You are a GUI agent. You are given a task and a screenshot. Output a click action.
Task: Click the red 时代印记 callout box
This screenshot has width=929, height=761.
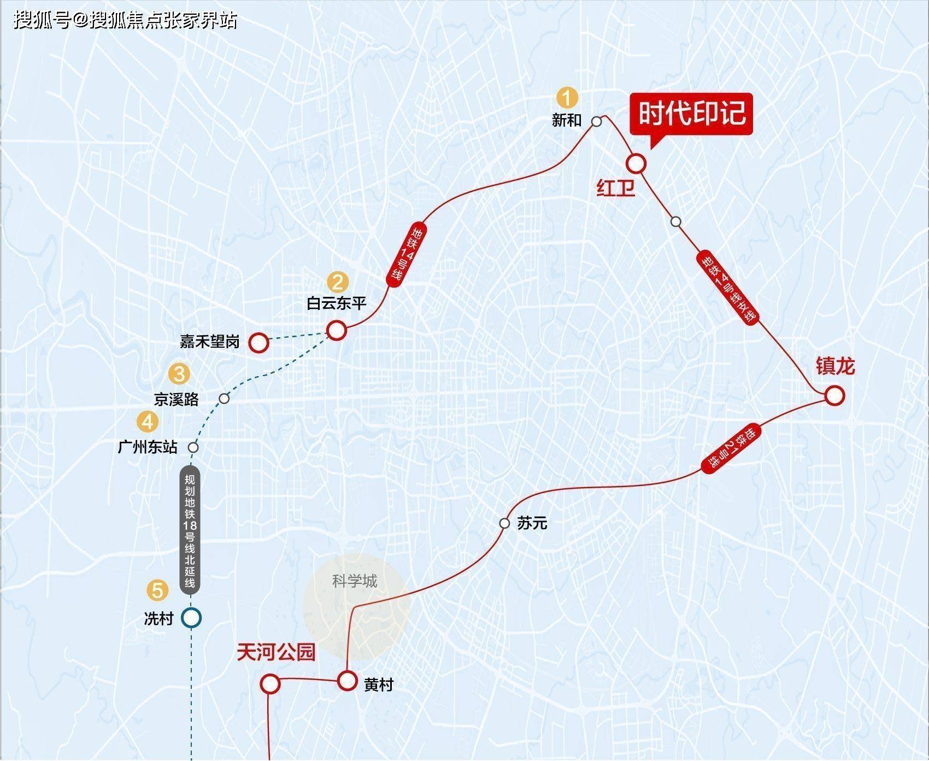pyautogui.click(x=692, y=114)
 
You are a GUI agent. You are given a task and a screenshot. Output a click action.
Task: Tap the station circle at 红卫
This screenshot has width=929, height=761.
pyautogui.click(x=636, y=163)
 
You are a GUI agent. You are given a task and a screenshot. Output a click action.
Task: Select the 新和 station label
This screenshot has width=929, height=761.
pyautogui.click(x=567, y=120)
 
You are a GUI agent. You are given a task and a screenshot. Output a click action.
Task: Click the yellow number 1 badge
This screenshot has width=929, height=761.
pyautogui.click(x=567, y=98)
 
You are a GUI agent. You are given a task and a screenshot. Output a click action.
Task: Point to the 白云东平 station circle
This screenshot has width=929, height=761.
pyautogui.click(x=337, y=330)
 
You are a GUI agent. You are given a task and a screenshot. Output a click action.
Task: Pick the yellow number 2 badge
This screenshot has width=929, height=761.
pyautogui.click(x=337, y=282)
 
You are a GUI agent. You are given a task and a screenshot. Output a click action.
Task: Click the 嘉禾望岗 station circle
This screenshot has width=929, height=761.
pyautogui.click(x=258, y=343)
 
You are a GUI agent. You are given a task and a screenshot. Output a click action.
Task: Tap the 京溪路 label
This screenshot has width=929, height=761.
pyautogui.click(x=177, y=399)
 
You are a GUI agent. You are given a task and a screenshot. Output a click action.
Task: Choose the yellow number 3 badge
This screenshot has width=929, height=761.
pyautogui.click(x=179, y=374)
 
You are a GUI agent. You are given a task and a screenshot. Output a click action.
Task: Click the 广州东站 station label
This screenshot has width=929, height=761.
pyautogui.click(x=148, y=447)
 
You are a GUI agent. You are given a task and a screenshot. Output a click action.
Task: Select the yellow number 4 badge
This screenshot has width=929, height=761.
pyautogui.click(x=148, y=422)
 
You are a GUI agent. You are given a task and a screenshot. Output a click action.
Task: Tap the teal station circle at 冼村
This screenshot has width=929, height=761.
pyautogui.click(x=191, y=618)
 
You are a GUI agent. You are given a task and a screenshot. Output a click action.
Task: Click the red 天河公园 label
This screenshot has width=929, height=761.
pyautogui.click(x=276, y=652)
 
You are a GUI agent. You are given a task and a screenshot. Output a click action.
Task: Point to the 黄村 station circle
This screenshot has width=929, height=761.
pyautogui.click(x=347, y=681)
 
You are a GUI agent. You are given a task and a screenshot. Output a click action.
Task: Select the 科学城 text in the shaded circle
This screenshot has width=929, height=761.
pyautogui.click(x=355, y=581)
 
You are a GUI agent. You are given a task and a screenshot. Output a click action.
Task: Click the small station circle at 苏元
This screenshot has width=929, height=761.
pyautogui.click(x=504, y=523)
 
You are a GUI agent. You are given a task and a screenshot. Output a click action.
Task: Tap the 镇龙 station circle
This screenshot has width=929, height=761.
pyautogui.click(x=834, y=395)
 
